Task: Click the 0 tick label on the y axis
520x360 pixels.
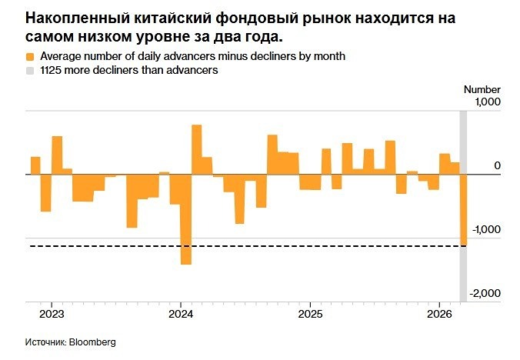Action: (x=497, y=165)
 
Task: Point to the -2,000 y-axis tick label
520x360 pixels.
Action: (x=485, y=293)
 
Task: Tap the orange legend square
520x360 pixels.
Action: (x=29, y=57)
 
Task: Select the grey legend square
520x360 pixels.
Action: (x=29, y=70)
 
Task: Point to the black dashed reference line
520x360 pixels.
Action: (x=231, y=246)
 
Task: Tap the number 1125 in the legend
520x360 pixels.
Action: (x=51, y=70)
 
